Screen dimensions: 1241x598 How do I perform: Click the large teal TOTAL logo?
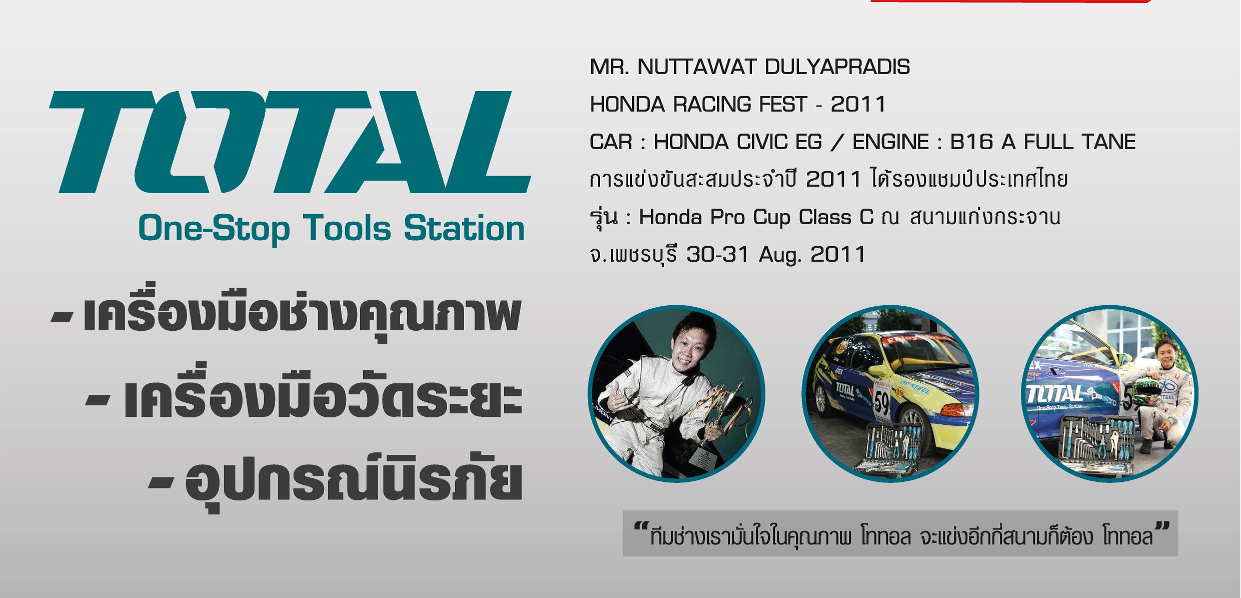(290, 142)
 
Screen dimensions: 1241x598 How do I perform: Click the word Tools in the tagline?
(347, 229)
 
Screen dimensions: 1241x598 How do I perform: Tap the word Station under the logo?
(465, 229)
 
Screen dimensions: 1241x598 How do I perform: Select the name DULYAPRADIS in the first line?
(837, 67)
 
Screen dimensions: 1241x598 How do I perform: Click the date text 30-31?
(718, 255)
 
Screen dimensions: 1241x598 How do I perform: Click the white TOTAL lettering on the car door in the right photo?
(1054, 394)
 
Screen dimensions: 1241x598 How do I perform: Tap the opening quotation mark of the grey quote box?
(641, 527)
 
